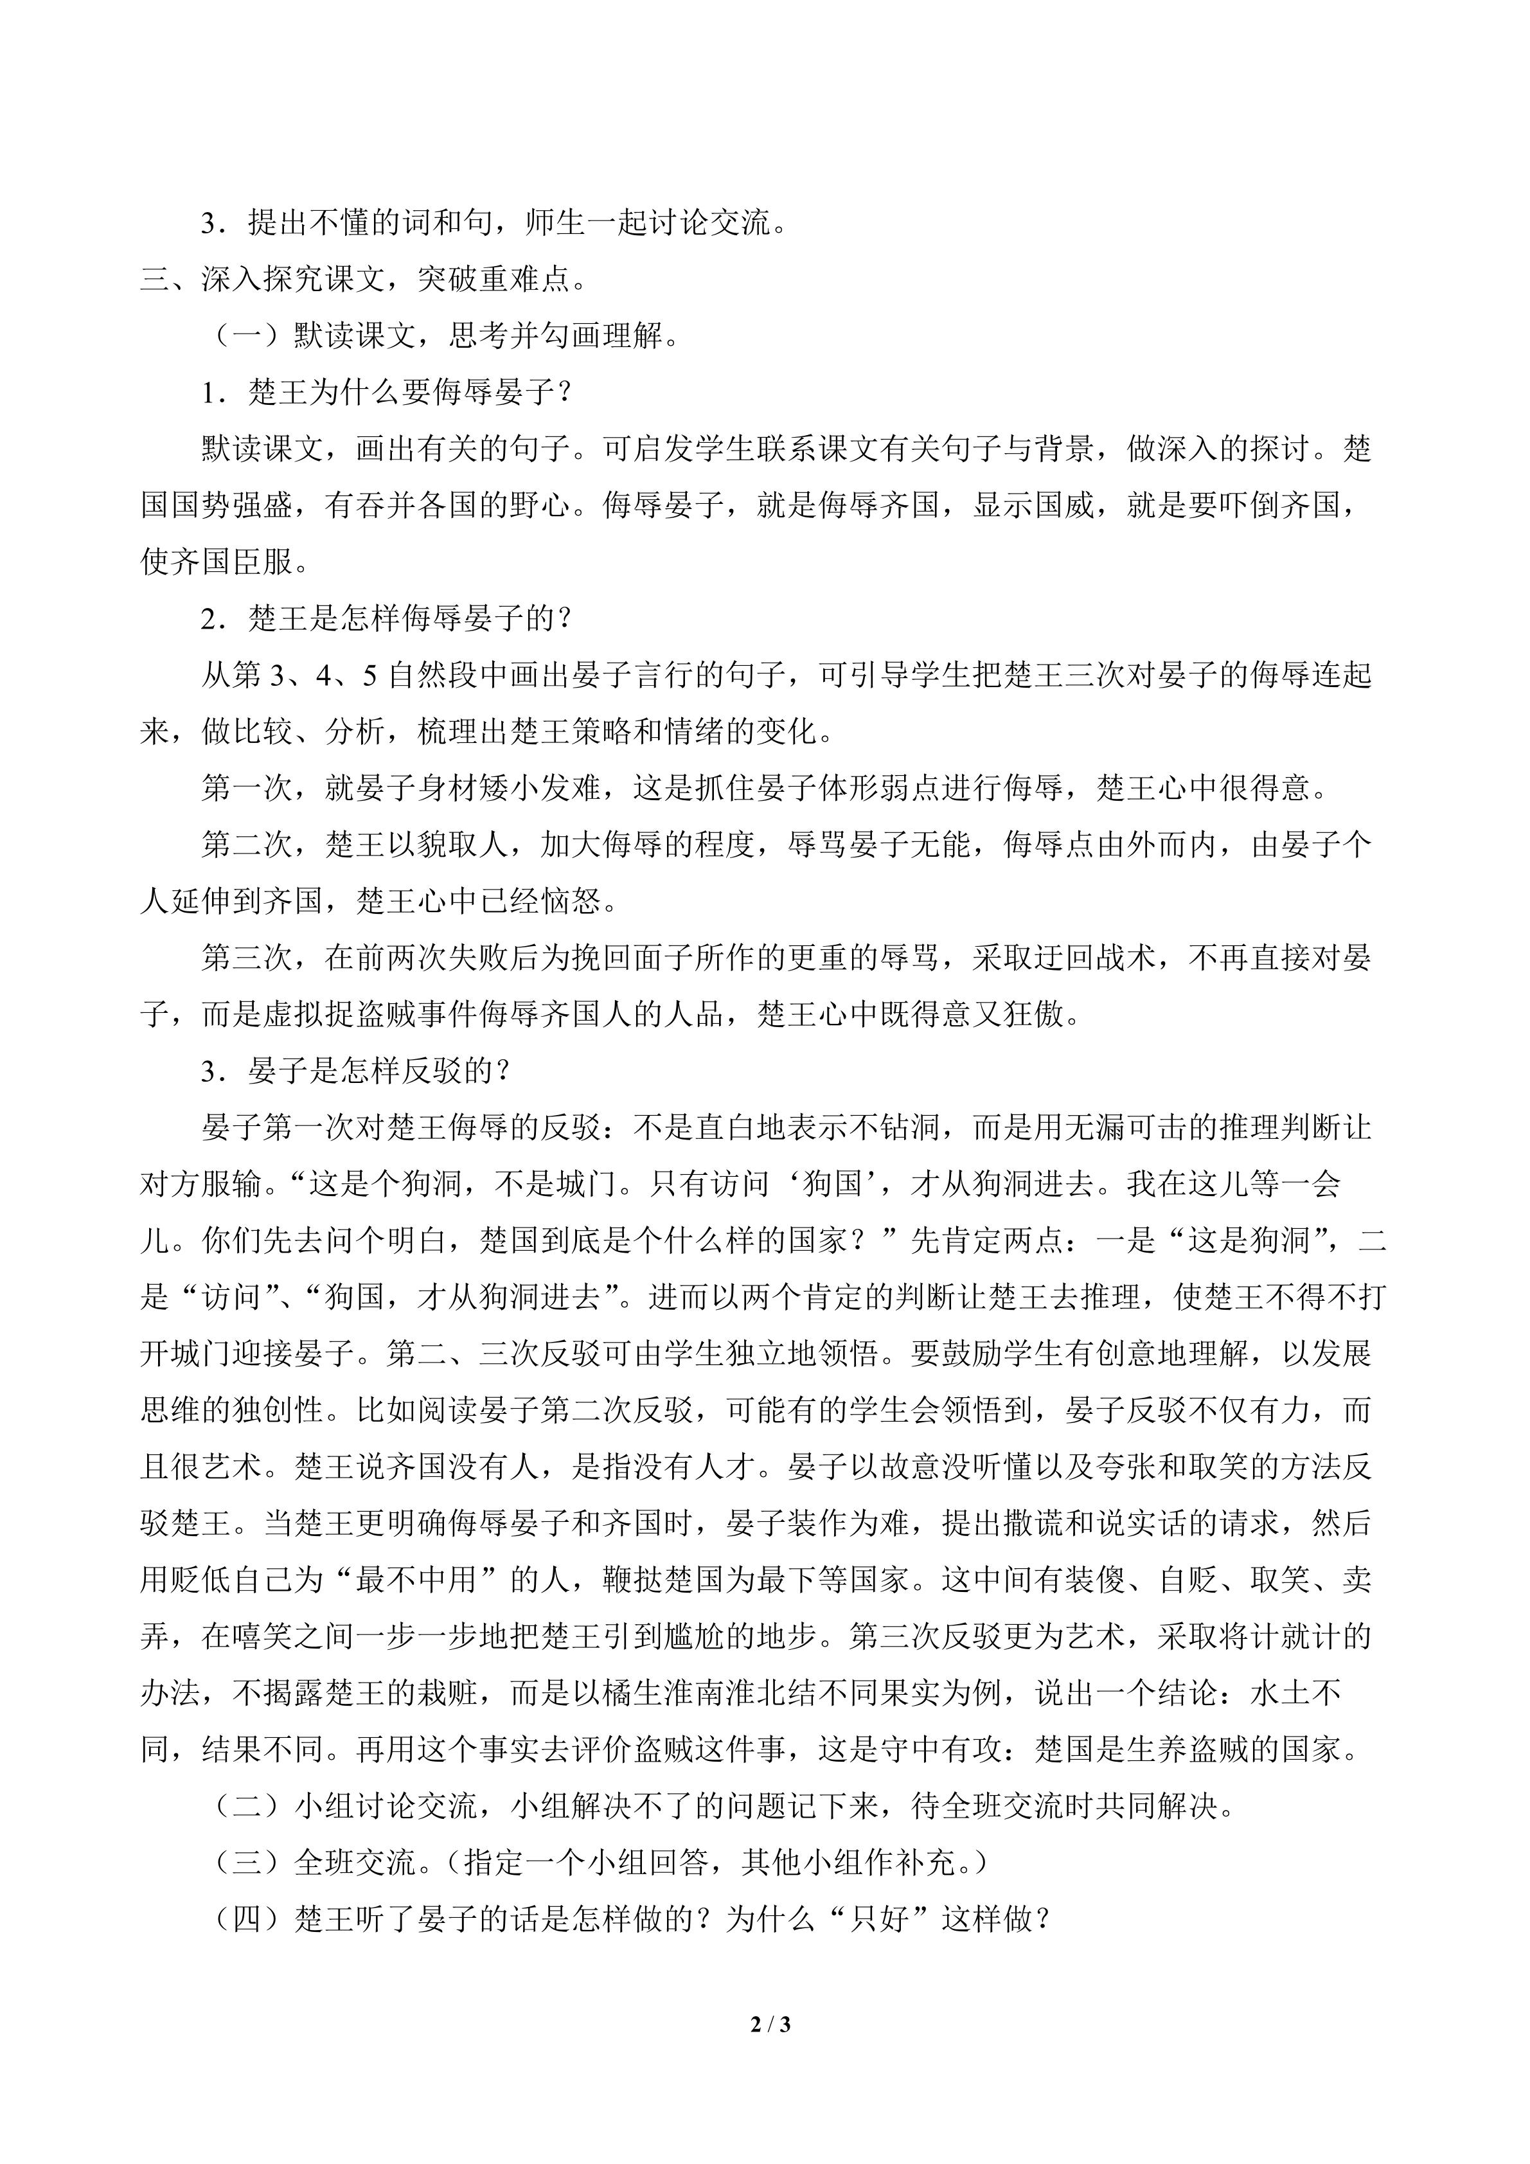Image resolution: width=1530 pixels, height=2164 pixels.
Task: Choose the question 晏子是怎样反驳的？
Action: pos(378,1071)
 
